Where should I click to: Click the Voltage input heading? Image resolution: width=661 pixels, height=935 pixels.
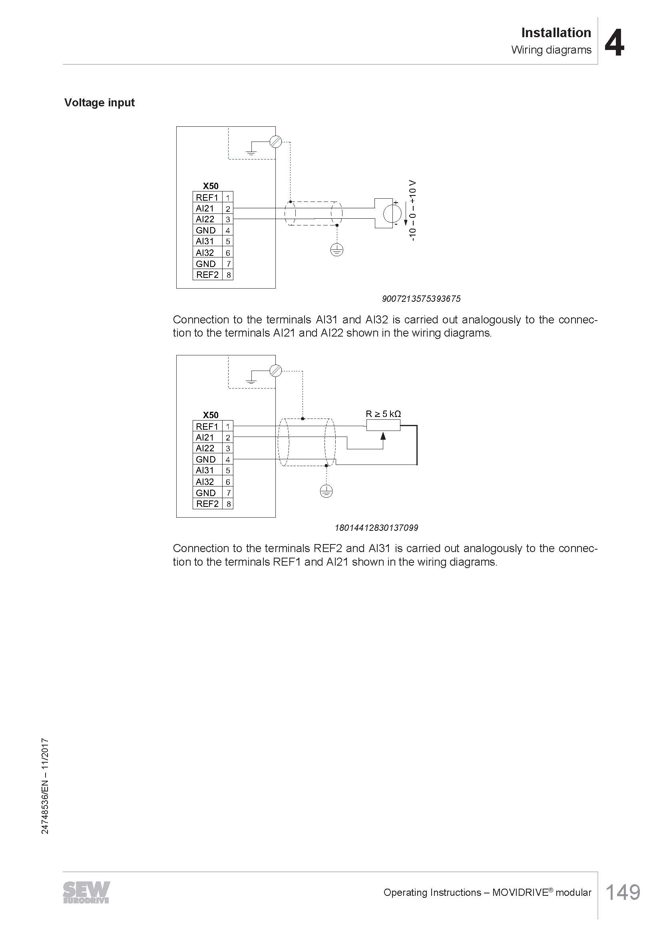click(x=100, y=103)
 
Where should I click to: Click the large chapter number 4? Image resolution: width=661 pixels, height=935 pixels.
click(x=614, y=43)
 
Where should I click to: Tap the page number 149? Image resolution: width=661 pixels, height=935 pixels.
click(x=623, y=892)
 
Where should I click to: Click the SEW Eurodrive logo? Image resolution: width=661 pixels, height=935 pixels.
click(x=86, y=892)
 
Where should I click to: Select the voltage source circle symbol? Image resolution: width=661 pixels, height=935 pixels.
click(x=392, y=213)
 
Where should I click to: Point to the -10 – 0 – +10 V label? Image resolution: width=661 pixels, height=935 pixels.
click(x=413, y=211)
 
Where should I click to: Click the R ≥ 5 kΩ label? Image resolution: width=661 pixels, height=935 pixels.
click(x=383, y=414)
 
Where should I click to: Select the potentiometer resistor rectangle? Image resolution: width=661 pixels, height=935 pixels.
click(x=383, y=426)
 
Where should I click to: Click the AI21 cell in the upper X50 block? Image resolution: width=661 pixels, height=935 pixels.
click(x=205, y=209)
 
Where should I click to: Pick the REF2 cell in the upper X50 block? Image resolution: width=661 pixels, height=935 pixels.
click(x=207, y=275)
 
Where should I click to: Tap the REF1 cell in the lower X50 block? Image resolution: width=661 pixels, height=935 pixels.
click(x=207, y=427)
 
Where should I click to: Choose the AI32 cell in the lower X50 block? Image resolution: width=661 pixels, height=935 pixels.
click(x=205, y=482)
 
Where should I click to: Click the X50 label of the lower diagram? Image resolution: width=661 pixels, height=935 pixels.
click(x=211, y=415)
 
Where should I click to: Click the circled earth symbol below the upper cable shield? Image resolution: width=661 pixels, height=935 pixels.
click(x=336, y=250)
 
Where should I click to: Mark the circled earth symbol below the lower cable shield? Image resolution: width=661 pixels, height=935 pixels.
click(x=326, y=491)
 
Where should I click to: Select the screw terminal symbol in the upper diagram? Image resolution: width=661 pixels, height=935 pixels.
click(x=276, y=142)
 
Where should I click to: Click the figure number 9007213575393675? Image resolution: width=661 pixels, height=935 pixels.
click(x=421, y=299)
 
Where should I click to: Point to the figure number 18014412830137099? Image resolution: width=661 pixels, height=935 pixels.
click(x=376, y=528)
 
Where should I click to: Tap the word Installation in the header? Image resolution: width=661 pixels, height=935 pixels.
click(x=556, y=32)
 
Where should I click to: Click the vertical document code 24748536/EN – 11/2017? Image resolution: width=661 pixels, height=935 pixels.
click(x=45, y=785)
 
